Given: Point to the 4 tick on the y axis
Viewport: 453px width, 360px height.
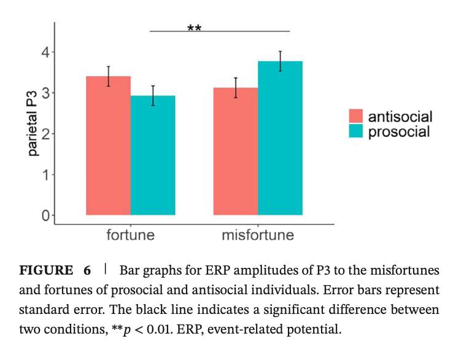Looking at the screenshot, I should point(45,52).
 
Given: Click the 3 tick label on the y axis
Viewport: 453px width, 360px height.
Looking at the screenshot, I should point(45,93).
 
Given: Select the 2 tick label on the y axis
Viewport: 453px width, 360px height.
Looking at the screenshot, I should point(45,134).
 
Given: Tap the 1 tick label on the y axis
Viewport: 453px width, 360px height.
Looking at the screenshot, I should point(45,175).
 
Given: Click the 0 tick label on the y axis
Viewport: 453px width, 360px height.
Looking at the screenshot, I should point(45,216).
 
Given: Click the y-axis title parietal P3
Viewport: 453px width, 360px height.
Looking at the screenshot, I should point(33,122).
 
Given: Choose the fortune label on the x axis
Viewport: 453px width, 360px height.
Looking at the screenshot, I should point(130,235).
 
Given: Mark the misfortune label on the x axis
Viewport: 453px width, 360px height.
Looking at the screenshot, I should point(258,235).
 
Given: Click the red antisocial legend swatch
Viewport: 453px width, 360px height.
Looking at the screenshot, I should point(357,117).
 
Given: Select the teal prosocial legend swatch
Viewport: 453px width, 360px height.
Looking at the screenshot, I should point(357,131).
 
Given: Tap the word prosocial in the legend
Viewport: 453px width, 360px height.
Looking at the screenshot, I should point(398,131).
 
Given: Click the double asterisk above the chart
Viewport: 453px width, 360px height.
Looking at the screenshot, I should point(194,28).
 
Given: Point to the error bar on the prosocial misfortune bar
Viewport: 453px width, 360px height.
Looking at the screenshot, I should point(280,61).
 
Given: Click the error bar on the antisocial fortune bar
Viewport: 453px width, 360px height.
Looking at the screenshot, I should point(109,76).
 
